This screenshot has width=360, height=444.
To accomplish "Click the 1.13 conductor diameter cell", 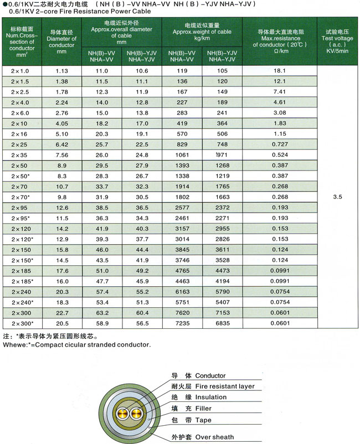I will coord(61,71).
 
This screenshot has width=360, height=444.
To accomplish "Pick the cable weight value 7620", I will coord(182,313).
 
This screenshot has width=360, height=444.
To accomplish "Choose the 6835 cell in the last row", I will coord(222,323).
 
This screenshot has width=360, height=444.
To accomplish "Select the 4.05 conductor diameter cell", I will coord(61,123).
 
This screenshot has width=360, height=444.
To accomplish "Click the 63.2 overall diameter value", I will coord(102,313).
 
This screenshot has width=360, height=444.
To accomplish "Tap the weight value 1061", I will coord(182,155).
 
